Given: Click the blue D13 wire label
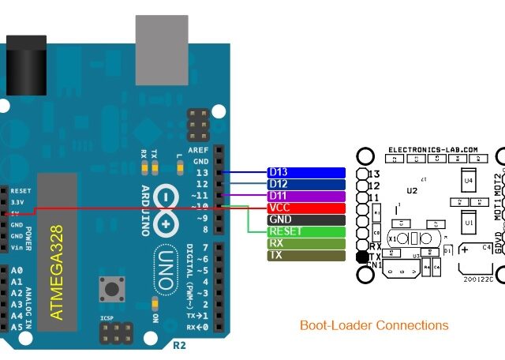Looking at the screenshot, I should (x=306, y=172).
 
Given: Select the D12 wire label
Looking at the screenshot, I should (x=306, y=184).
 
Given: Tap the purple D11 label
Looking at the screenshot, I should (x=306, y=196).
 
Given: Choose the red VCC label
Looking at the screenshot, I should (x=306, y=208).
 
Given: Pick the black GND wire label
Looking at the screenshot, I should (x=306, y=219).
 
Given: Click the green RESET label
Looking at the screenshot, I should (x=306, y=231).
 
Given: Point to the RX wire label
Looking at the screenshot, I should (x=306, y=244).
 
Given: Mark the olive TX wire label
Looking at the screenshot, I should (x=306, y=256).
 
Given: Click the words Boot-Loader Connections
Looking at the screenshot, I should (x=374, y=325).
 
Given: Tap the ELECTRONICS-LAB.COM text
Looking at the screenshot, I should (x=432, y=149).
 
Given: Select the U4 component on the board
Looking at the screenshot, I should (x=468, y=181).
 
